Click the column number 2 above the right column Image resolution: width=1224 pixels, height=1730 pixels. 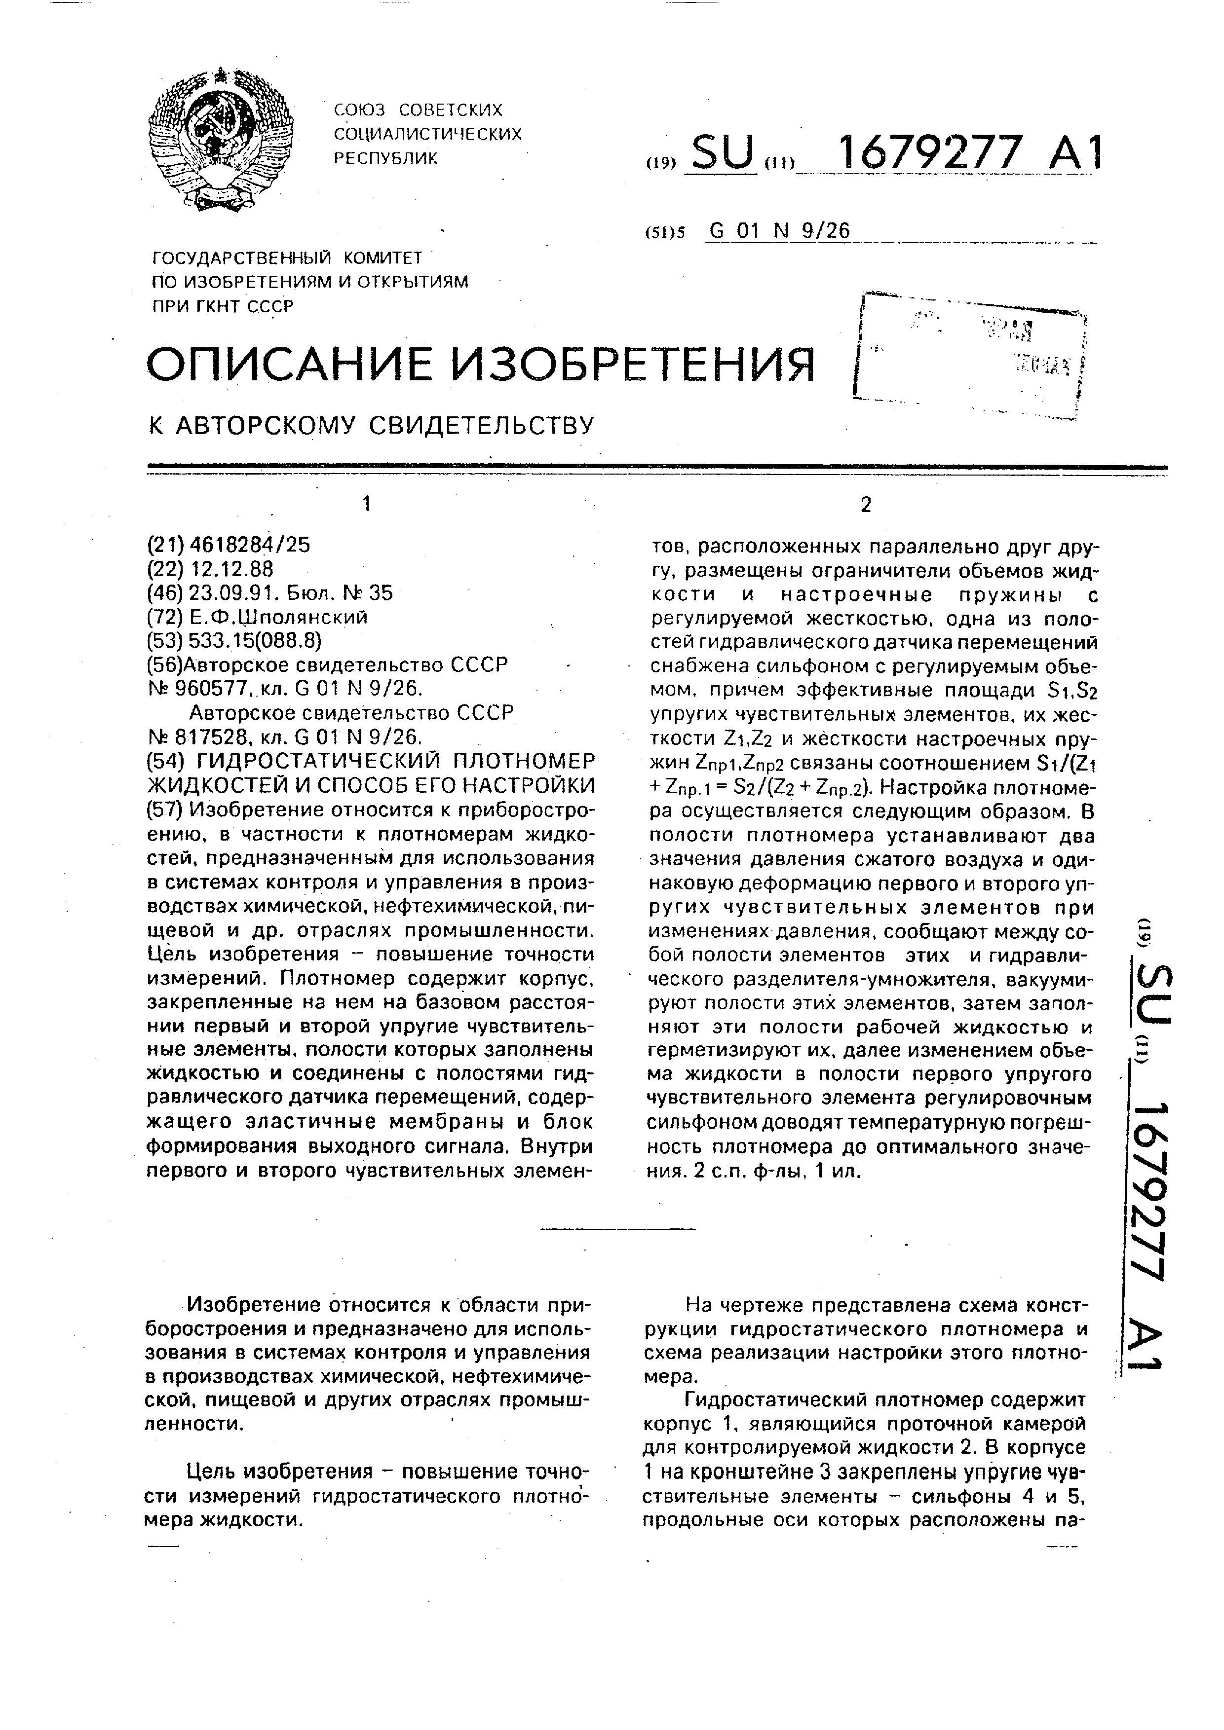tap(865, 505)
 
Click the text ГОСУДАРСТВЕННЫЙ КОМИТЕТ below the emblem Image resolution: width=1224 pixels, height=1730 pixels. tap(287, 258)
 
